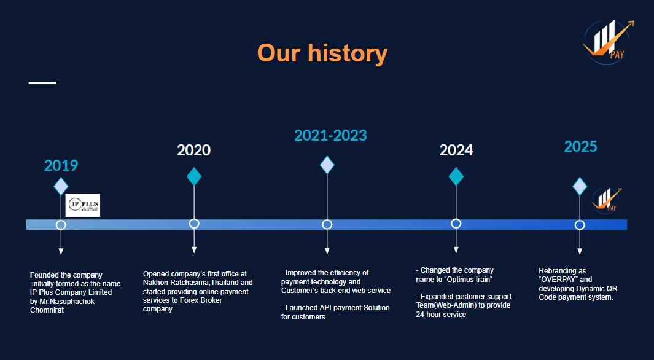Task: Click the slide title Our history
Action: [x=322, y=53]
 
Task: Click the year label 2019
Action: [x=61, y=165]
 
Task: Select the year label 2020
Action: [x=193, y=150]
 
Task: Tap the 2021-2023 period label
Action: [x=330, y=135]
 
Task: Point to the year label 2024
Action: [x=456, y=150]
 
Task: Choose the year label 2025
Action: [x=580, y=146]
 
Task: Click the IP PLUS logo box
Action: [x=82, y=205]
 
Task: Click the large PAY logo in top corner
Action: [x=607, y=42]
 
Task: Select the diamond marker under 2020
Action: [x=194, y=176]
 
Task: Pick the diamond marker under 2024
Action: [x=456, y=176]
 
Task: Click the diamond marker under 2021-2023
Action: [x=327, y=165]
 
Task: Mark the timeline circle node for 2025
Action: [x=580, y=225]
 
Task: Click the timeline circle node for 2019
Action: [x=61, y=225]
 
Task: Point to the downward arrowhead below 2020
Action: [x=194, y=249]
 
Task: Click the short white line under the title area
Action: [x=42, y=82]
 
